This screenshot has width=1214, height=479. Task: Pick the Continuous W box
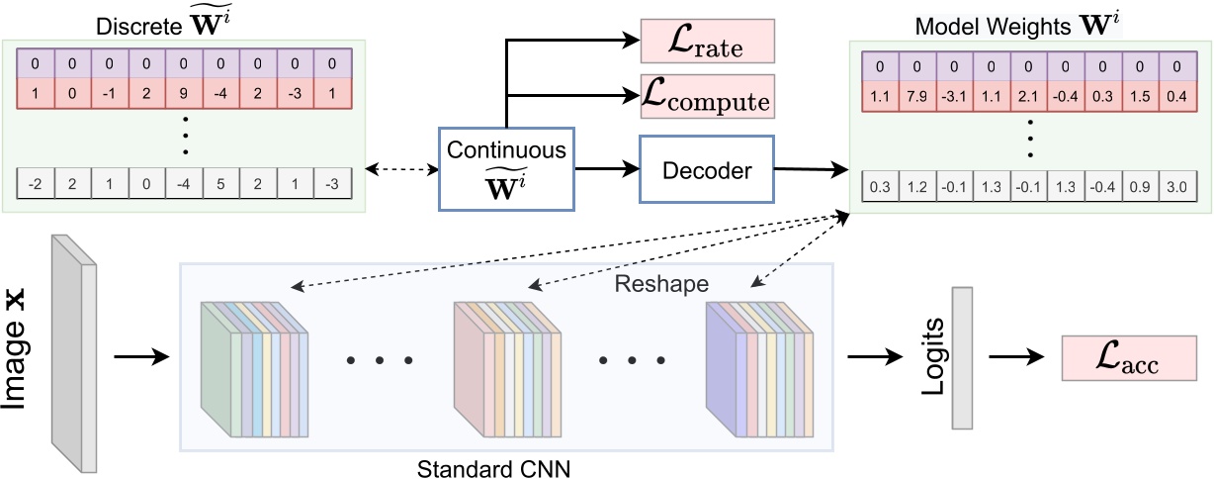506,170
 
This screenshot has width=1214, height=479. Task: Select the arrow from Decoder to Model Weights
810,170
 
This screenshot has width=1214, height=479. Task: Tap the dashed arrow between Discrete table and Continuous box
400,169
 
